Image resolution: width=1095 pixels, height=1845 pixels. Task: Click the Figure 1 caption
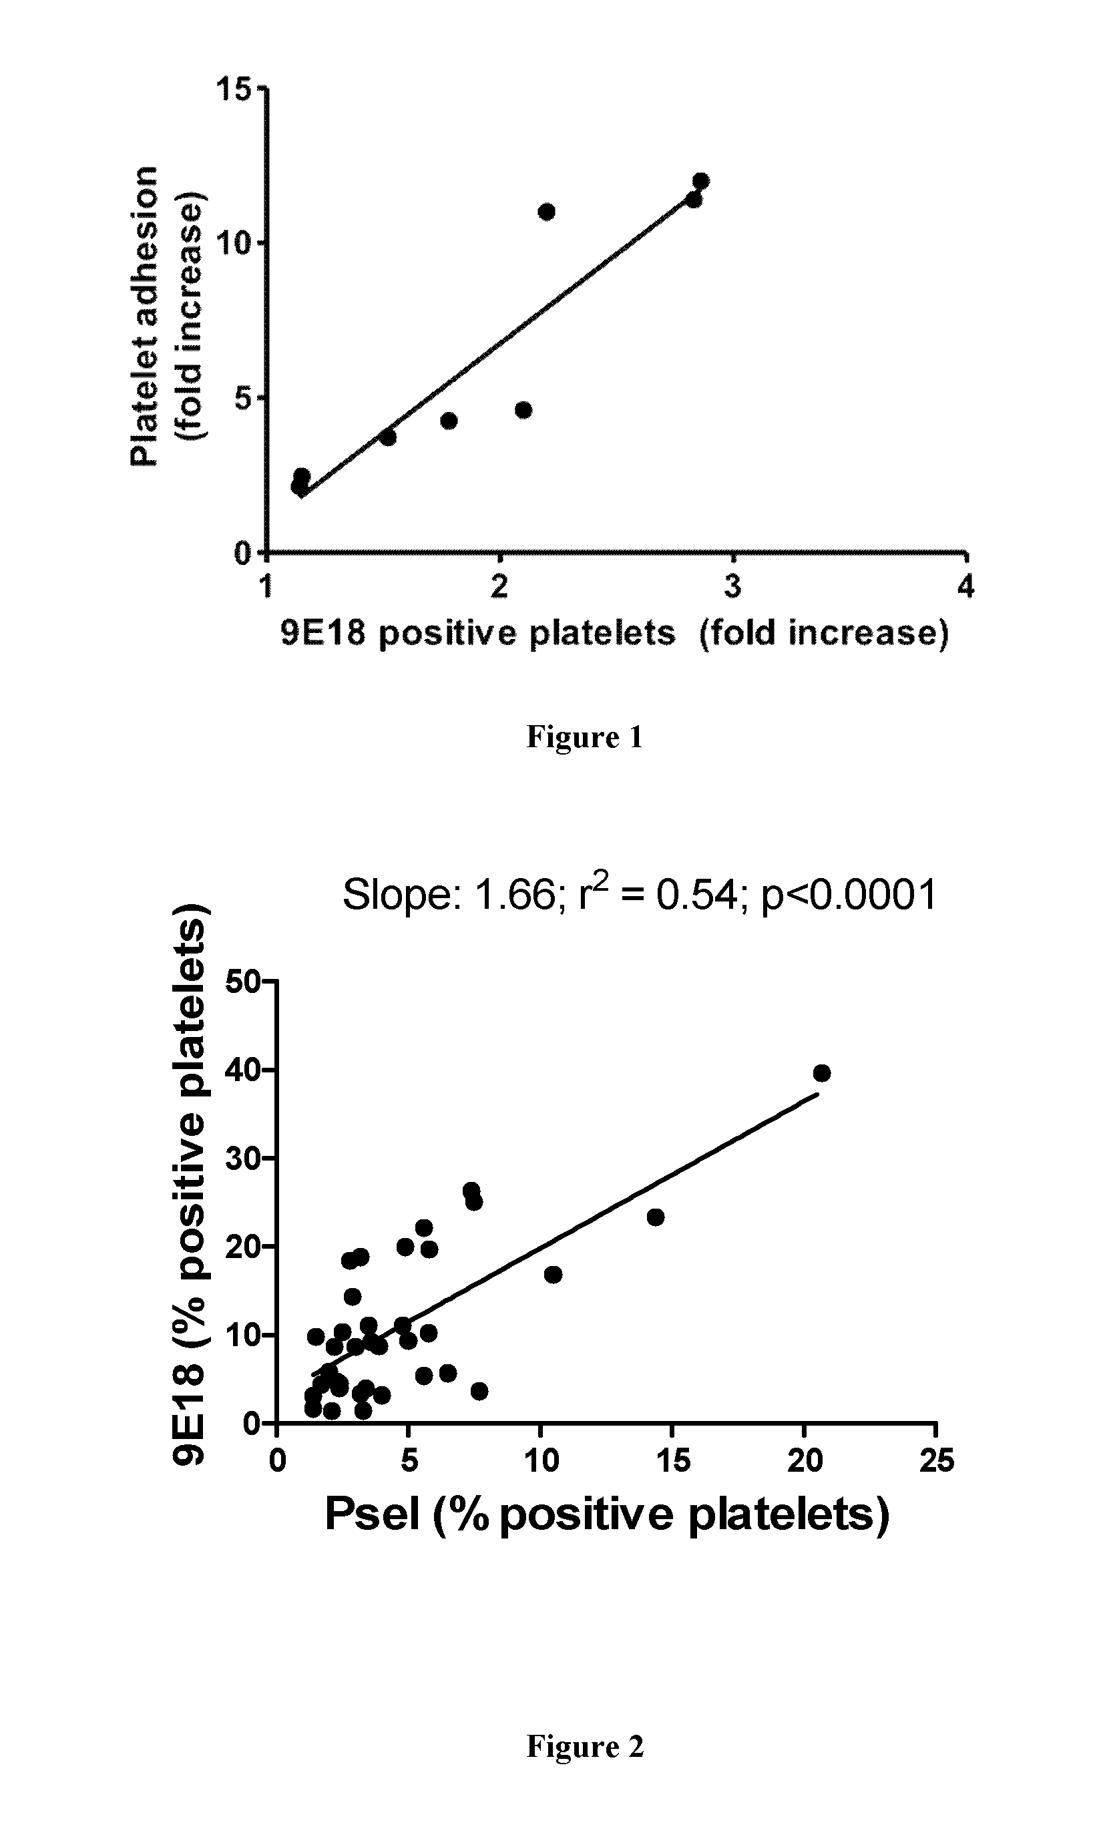[584, 738]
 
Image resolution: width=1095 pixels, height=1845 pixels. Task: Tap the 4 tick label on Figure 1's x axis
[966, 586]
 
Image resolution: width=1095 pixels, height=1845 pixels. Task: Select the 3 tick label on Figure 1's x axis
[732, 586]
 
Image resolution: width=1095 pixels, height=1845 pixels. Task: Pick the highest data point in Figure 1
[700, 181]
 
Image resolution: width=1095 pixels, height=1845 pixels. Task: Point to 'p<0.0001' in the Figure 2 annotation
[849, 895]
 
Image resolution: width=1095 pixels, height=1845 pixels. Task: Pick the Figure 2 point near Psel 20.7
[821, 1072]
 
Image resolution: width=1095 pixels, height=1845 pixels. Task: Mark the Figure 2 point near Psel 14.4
[655, 1217]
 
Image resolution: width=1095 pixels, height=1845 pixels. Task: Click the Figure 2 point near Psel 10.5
[553, 1274]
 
